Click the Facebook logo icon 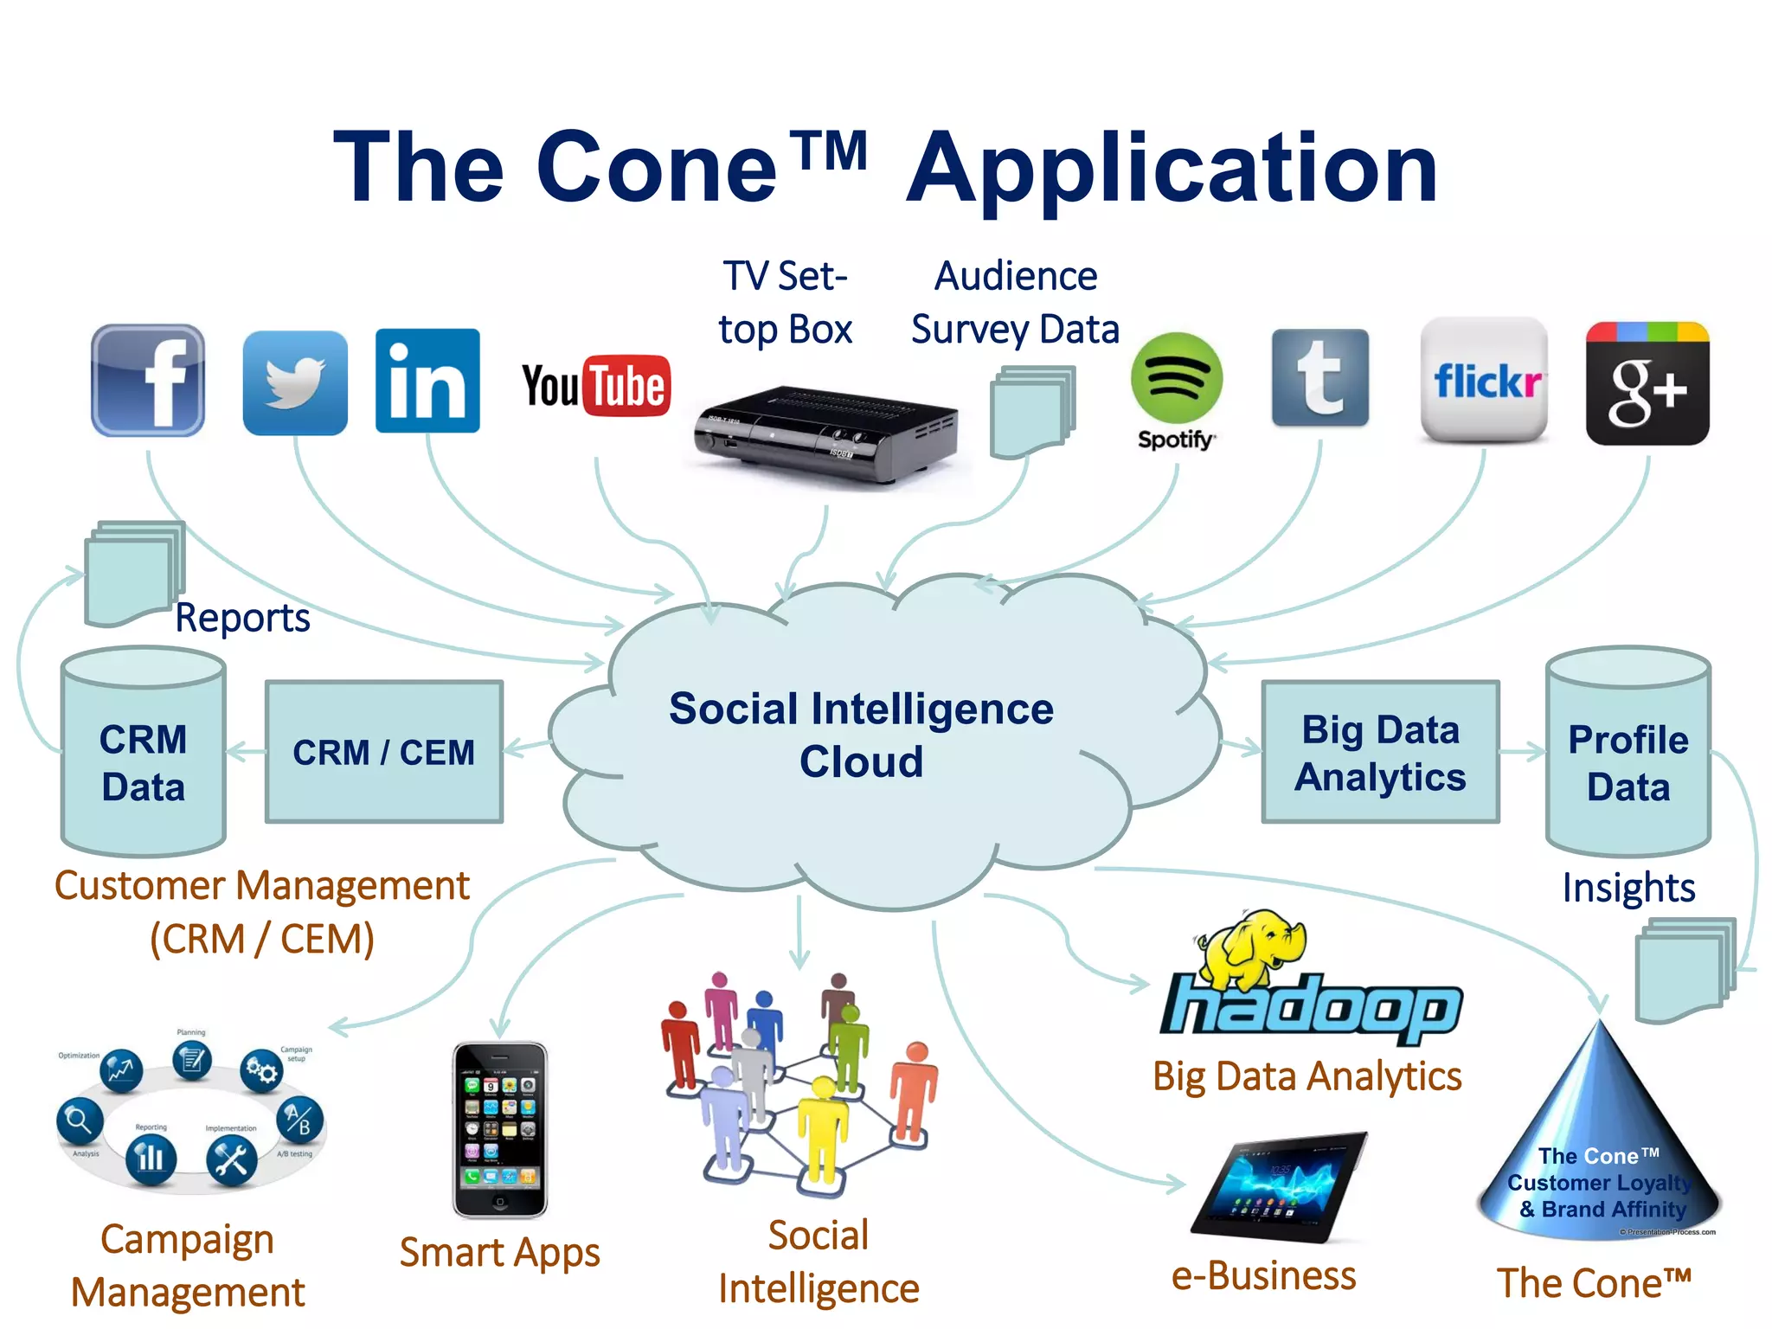148,381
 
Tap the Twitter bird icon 295,382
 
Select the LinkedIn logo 427,381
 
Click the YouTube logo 595,385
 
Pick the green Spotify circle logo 1176,378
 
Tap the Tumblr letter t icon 1320,378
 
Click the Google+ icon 1647,384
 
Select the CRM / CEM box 384,751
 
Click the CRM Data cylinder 144,753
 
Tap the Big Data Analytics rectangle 1380,752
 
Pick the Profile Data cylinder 1628,753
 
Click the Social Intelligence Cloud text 862,735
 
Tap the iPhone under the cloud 500,1129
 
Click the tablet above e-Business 1279,1186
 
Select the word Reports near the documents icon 242,618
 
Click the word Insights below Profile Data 1628,888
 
